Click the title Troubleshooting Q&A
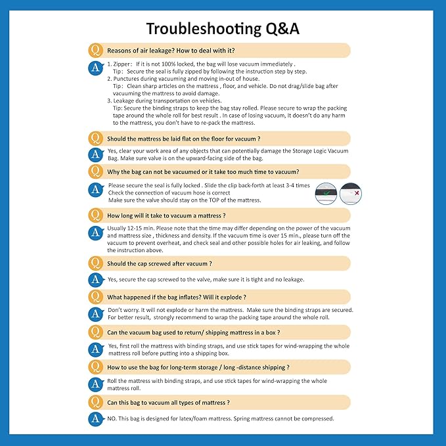[x=223, y=29]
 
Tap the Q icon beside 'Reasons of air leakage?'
[x=95, y=51]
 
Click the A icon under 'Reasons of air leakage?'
[x=95, y=66]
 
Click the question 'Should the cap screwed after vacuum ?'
[x=159, y=263]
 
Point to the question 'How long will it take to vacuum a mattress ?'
[x=166, y=215]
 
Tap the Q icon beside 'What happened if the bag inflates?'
[x=95, y=297]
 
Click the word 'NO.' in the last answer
[x=113, y=418]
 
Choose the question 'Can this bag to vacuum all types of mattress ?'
[x=168, y=403]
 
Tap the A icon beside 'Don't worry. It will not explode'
[x=95, y=313]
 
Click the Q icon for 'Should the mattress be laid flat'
[x=95, y=139]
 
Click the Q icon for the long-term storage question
[x=95, y=367]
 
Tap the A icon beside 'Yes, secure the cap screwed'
[x=95, y=279]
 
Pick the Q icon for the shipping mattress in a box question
[x=95, y=332]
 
